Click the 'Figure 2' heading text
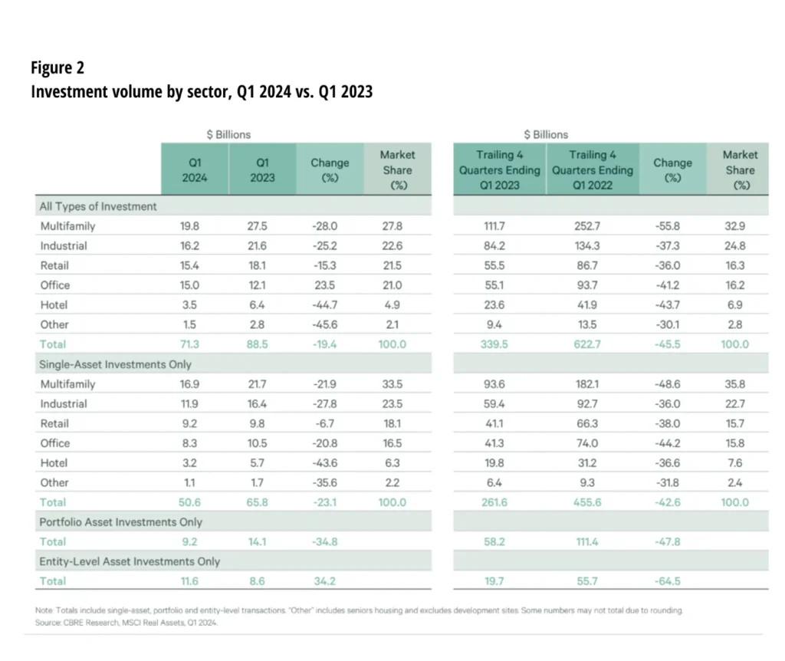point(57,67)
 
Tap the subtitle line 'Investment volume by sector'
point(202,92)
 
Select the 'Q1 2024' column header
point(195,170)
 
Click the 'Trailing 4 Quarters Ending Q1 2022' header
point(593,170)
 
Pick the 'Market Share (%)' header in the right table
point(740,170)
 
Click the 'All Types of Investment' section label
point(98,206)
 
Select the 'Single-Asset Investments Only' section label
point(115,364)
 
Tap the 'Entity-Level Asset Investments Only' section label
point(130,561)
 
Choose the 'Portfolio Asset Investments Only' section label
point(120,522)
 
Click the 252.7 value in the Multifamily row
point(592,226)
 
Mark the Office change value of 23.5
point(330,285)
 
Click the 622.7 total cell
point(592,344)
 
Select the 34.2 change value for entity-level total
point(330,581)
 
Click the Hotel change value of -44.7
point(330,305)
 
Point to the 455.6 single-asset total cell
point(592,502)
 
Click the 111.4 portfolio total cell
point(592,541)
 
